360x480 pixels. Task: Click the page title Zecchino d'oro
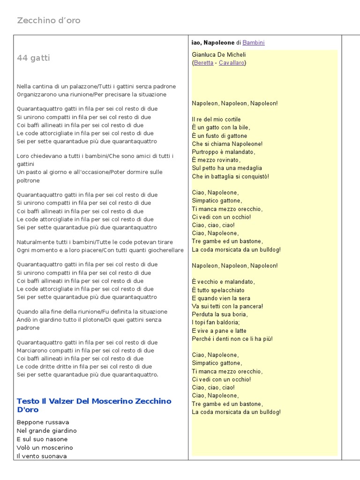click(x=49, y=20)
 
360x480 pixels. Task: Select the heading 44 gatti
click(x=33, y=58)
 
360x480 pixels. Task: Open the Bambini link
click(x=254, y=43)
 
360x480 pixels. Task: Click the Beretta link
click(x=203, y=62)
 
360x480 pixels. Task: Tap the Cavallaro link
click(x=232, y=62)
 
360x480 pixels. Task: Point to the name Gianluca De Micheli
click(x=219, y=54)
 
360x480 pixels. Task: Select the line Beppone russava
click(x=43, y=422)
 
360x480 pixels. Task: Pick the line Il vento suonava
click(x=42, y=456)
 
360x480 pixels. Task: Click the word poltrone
click(x=29, y=180)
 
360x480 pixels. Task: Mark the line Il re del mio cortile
click(x=216, y=120)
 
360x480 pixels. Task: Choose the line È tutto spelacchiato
click(x=218, y=290)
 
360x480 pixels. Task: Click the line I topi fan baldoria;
click(x=216, y=322)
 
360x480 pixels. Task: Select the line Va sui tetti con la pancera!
click(x=227, y=306)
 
